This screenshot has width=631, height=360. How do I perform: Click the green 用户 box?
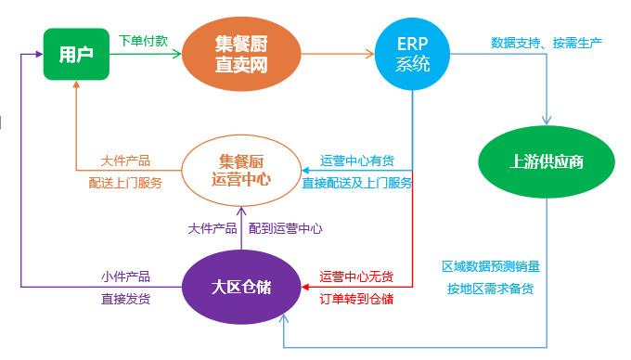75,54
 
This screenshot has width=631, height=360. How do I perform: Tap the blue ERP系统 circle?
413,54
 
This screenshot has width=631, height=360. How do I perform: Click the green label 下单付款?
143,41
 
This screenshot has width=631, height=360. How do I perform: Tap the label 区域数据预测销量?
490,266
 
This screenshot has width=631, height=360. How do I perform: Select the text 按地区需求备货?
490,289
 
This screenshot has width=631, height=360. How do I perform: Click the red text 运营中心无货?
356,276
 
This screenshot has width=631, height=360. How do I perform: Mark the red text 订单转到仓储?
356,299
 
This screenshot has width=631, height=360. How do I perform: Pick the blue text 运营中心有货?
357,160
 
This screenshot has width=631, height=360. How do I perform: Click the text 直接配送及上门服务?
357,183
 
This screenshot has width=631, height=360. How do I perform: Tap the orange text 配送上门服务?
125,183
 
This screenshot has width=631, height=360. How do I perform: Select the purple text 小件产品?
125,276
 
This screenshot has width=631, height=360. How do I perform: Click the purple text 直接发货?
125,299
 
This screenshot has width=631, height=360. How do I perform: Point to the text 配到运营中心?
286,227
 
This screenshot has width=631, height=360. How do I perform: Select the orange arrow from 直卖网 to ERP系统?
336,55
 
